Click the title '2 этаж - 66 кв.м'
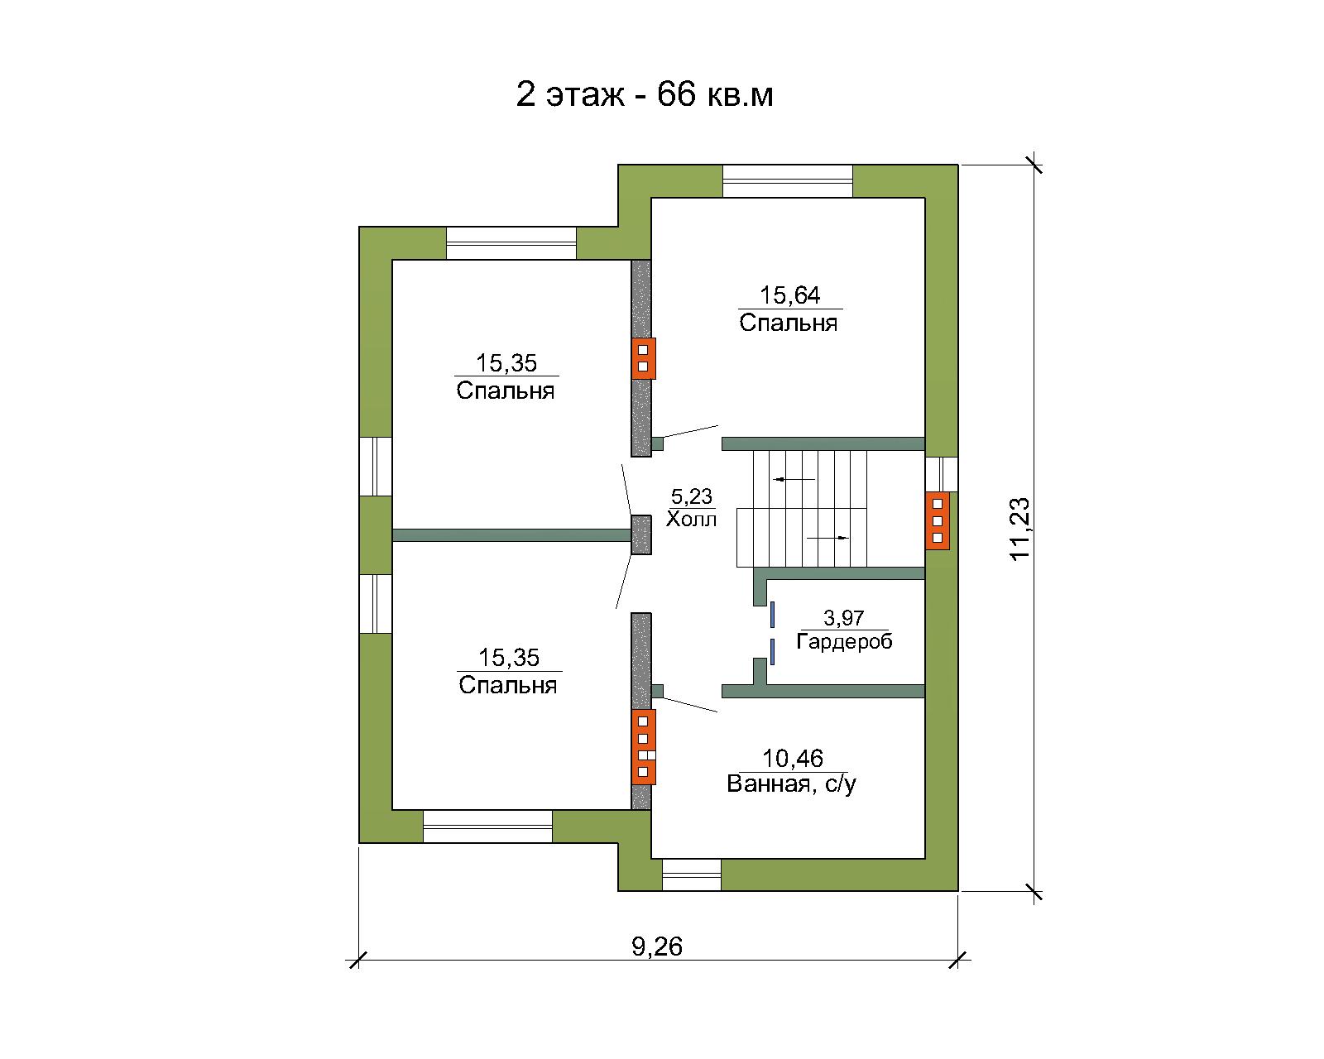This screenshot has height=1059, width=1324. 644,95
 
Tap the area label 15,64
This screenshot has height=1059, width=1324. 790,295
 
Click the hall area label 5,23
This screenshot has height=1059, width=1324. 692,496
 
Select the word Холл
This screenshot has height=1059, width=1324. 692,520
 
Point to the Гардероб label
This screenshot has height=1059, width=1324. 844,642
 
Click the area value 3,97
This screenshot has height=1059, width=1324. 843,617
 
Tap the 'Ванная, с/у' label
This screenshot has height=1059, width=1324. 791,784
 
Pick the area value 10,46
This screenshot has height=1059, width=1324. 793,759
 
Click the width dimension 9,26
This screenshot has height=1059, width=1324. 657,946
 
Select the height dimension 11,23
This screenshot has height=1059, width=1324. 1019,528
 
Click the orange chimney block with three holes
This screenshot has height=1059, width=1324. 937,520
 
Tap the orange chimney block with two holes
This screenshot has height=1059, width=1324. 644,358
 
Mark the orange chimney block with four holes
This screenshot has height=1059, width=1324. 644,747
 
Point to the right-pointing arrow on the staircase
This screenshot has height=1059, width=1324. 827,538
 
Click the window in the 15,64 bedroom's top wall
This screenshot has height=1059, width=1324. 788,181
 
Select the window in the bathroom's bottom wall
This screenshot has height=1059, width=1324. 692,875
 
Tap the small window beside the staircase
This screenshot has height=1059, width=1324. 942,474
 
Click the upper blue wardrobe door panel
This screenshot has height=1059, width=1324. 772,615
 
